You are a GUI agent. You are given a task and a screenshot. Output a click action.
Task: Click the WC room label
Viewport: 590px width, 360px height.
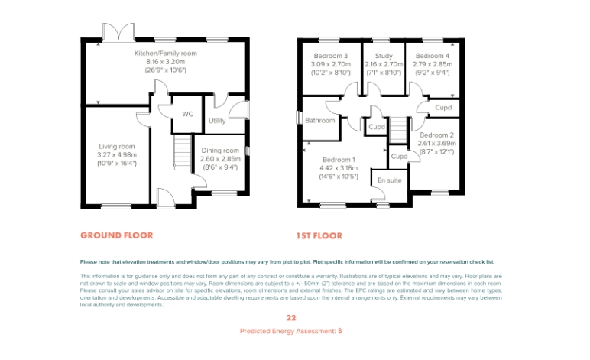point(187,114)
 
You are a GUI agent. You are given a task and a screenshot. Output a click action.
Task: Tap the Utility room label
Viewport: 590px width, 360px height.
point(217,121)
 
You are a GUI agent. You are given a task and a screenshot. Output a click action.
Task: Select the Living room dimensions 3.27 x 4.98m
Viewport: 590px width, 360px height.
point(117,155)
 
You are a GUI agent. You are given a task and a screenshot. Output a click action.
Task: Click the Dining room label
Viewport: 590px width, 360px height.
point(220,151)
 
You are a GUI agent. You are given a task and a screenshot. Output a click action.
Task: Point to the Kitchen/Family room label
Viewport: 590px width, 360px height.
point(166,54)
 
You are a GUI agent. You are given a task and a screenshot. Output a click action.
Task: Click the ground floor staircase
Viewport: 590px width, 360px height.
point(183,152)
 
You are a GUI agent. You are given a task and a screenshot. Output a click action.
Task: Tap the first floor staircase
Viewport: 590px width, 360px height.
point(398,130)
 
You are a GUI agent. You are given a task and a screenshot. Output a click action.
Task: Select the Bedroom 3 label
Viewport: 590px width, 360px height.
point(331,56)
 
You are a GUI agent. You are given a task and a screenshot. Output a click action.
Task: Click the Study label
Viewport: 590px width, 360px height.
point(384,56)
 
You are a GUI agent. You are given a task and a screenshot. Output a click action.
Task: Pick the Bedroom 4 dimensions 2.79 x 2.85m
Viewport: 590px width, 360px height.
point(433,64)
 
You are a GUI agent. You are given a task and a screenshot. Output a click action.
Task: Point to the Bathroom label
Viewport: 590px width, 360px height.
point(319,120)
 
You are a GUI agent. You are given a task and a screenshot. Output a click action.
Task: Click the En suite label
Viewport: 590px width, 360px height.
point(390,180)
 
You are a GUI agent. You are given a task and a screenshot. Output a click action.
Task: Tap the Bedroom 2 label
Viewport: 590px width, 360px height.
point(437,135)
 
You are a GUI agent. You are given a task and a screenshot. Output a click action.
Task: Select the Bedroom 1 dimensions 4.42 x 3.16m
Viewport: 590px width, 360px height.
point(339,168)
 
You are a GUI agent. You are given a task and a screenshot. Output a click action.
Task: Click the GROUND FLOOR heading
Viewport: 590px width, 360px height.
point(117,235)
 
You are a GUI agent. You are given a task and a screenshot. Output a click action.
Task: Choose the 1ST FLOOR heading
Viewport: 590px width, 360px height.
point(319,236)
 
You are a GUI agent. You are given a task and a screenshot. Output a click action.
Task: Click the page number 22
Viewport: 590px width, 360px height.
point(291,318)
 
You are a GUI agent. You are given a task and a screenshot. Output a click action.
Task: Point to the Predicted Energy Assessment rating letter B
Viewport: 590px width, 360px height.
point(340,331)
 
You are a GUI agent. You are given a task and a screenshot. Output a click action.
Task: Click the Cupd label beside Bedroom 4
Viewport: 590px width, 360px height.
point(443,108)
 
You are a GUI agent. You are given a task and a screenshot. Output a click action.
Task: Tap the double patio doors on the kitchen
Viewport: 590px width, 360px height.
point(118,31)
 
